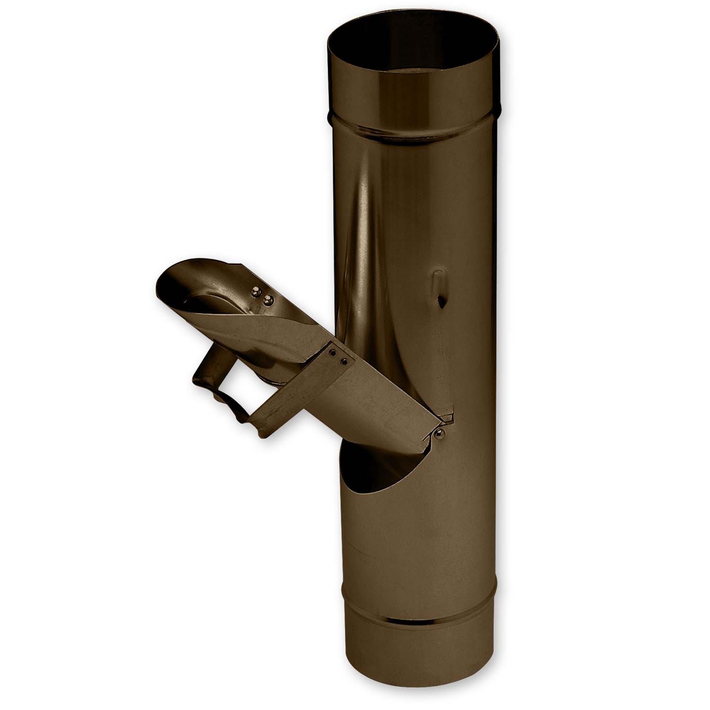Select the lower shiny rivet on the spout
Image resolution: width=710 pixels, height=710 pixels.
tap(268, 300)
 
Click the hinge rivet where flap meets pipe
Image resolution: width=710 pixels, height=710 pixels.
tap(441, 432)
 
